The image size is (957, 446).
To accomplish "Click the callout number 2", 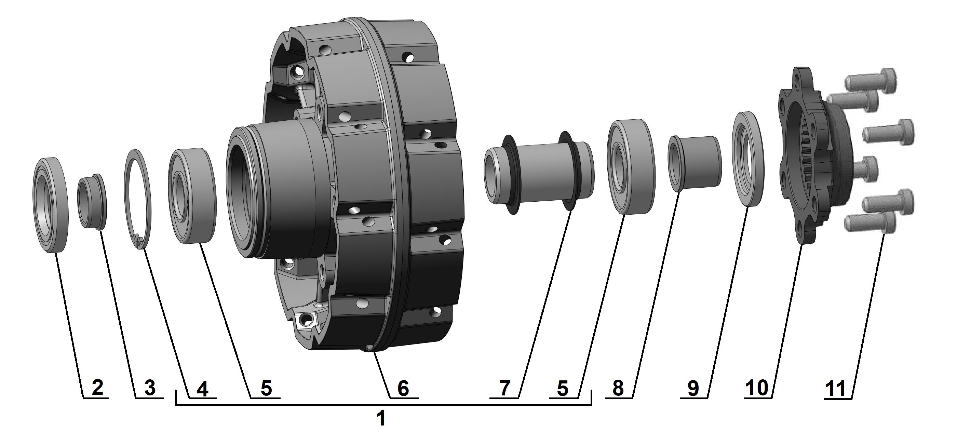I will coord(97,388).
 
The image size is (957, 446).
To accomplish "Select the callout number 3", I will coord(149,388).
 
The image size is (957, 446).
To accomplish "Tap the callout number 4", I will coord(202,389).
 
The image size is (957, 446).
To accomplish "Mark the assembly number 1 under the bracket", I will coord(381,419).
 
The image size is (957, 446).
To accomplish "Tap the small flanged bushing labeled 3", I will coord(92,202).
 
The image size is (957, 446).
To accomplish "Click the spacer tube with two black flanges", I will coord(539,173).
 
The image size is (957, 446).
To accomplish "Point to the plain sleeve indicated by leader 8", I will coord(695,163).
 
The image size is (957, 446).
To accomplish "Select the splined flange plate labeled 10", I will coord(803,156).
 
